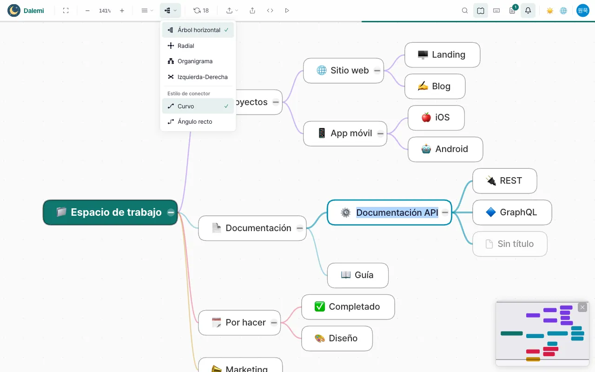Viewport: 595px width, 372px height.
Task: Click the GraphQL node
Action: click(x=512, y=213)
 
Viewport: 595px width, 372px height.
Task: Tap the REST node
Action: click(x=504, y=181)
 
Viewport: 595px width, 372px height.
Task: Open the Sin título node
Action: click(x=510, y=244)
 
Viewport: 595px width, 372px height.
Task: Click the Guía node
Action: click(x=357, y=275)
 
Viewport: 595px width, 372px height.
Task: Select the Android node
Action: click(x=445, y=149)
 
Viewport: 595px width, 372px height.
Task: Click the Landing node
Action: click(x=442, y=55)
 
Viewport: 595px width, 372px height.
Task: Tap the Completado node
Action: click(x=348, y=307)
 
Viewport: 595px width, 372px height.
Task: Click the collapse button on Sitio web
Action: click(x=377, y=71)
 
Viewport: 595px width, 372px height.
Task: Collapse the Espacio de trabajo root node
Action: click(x=171, y=213)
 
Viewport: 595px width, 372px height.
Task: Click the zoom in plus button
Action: click(x=122, y=11)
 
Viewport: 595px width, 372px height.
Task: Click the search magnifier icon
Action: click(x=464, y=11)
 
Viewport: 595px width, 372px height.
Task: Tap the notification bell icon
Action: click(x=528, y=11)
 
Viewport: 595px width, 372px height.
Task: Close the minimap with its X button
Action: click(x=582, y=307)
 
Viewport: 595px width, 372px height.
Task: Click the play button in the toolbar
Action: click(x=287, y=11)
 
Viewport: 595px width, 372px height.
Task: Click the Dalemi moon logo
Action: click(x=14, y=11)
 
